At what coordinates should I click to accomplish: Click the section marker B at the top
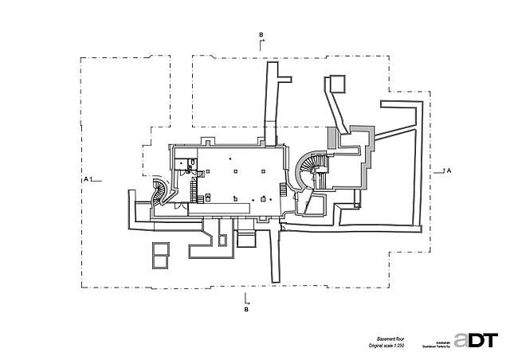pos(261,35)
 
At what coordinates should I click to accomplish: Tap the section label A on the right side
pos(449,171)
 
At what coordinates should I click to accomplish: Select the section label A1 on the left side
pos(88,180)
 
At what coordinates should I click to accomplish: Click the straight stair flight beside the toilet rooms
pos(193,190)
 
